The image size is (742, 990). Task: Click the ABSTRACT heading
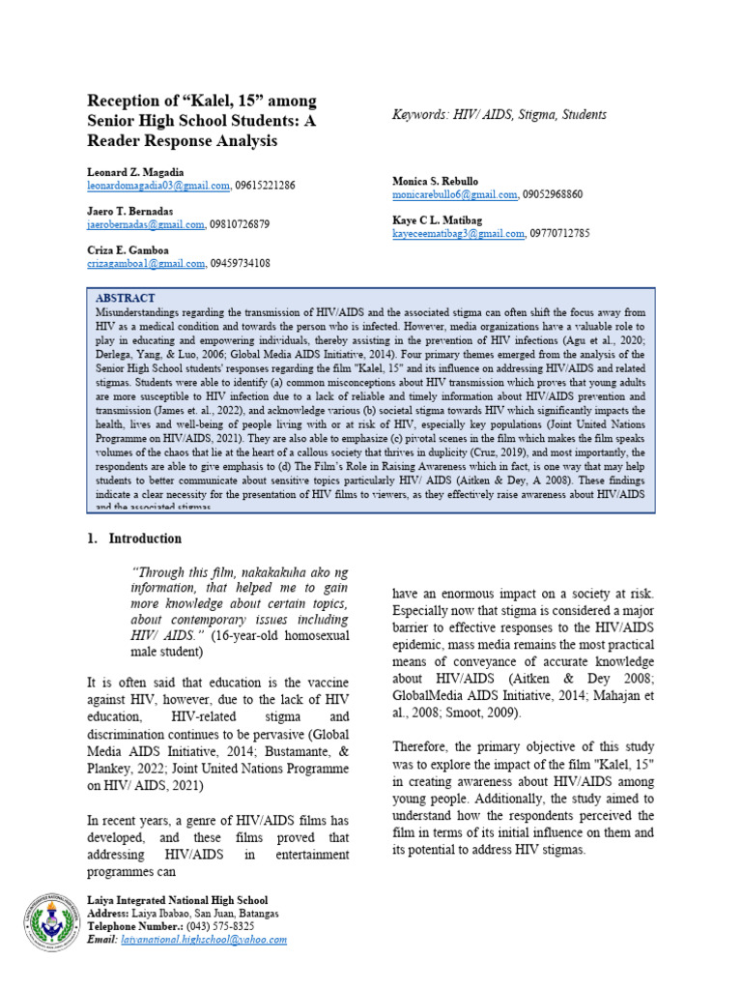point(126,298)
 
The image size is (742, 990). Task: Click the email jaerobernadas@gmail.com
point(146,223)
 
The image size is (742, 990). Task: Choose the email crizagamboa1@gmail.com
point(146,263)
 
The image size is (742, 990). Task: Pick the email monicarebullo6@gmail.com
point(455,194)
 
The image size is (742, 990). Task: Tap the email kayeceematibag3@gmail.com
point(458,233)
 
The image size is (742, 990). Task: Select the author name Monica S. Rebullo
point(435,181)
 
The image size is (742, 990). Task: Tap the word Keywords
point(417,114)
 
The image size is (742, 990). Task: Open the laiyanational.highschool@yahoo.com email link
point(204,939)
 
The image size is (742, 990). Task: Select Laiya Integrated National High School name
point(178,900)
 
